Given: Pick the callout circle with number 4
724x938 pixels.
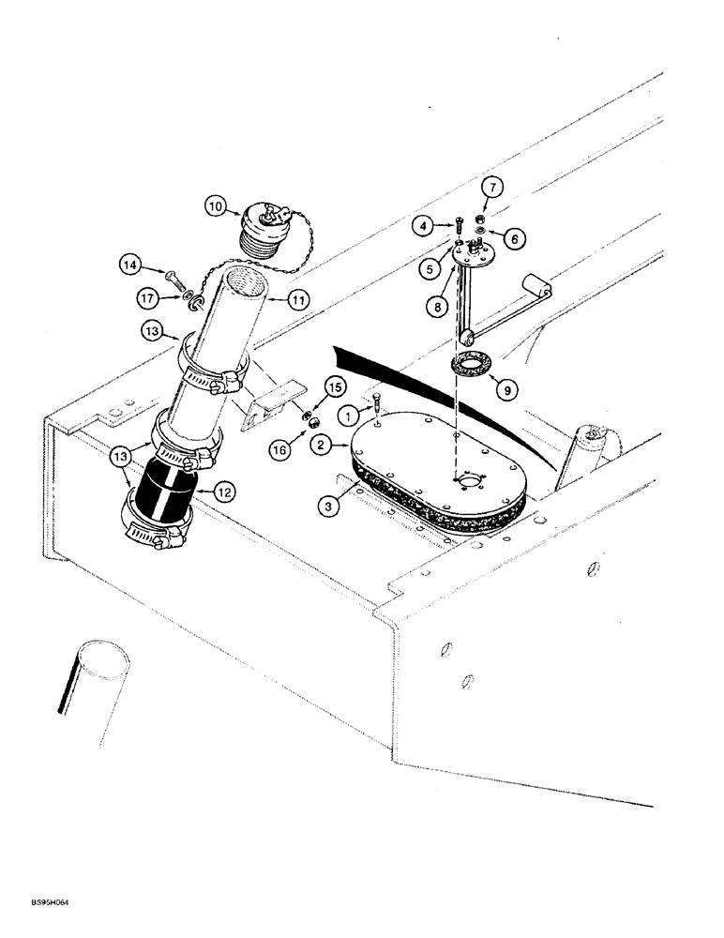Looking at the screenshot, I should point(425,225).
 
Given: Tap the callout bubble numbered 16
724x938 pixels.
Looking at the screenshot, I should point(279,451).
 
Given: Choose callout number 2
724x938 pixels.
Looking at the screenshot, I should point(323,446).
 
